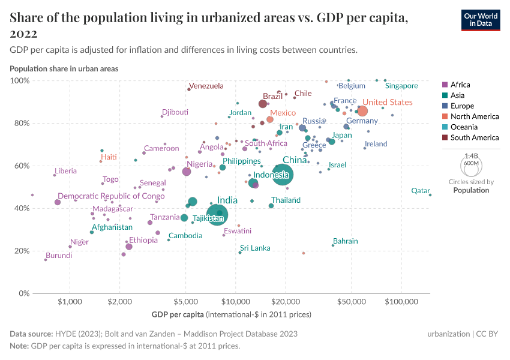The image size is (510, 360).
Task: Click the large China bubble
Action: pos(283,175)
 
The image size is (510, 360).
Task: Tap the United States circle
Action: pos(362,111)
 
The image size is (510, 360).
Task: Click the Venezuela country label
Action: pos(206,86)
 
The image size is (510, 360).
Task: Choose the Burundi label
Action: pos(59,255)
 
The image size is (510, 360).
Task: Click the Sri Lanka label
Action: pos(255,248)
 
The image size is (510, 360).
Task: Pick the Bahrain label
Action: pos(345,241)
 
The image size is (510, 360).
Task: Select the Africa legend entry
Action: pos(460,85)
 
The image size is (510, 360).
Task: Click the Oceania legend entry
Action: pos(464,127)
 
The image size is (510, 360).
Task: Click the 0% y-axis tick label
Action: pos(23,293)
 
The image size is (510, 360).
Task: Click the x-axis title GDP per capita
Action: pos(178,314)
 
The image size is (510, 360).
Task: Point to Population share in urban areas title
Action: pos(64,68)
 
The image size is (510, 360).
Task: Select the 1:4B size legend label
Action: pos(471,156)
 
